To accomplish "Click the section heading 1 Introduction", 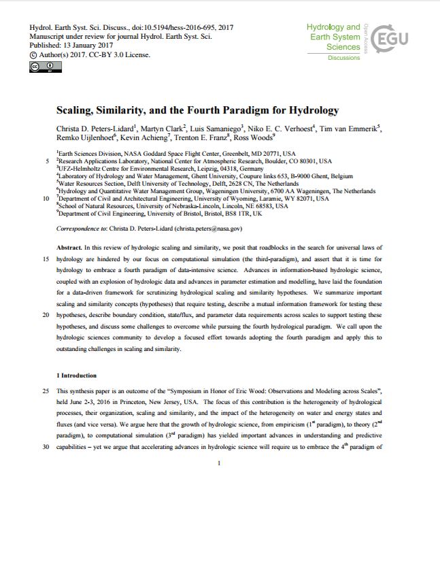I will tap(76, 375).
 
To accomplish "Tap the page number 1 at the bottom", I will tap(220, 463).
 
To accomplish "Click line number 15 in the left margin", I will tap(45, 259).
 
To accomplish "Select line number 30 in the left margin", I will tap(45, 448).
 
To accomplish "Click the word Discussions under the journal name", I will tap(343, 58).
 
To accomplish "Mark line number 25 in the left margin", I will tap(45, 391).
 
